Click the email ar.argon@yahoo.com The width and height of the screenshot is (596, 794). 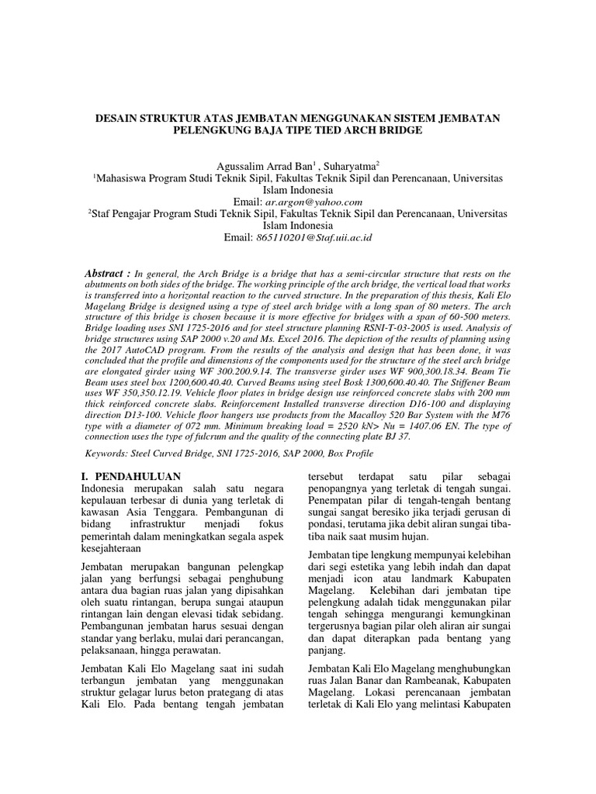309,202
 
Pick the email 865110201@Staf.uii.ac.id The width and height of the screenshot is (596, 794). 309,237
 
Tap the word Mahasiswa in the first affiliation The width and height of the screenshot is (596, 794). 124,178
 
